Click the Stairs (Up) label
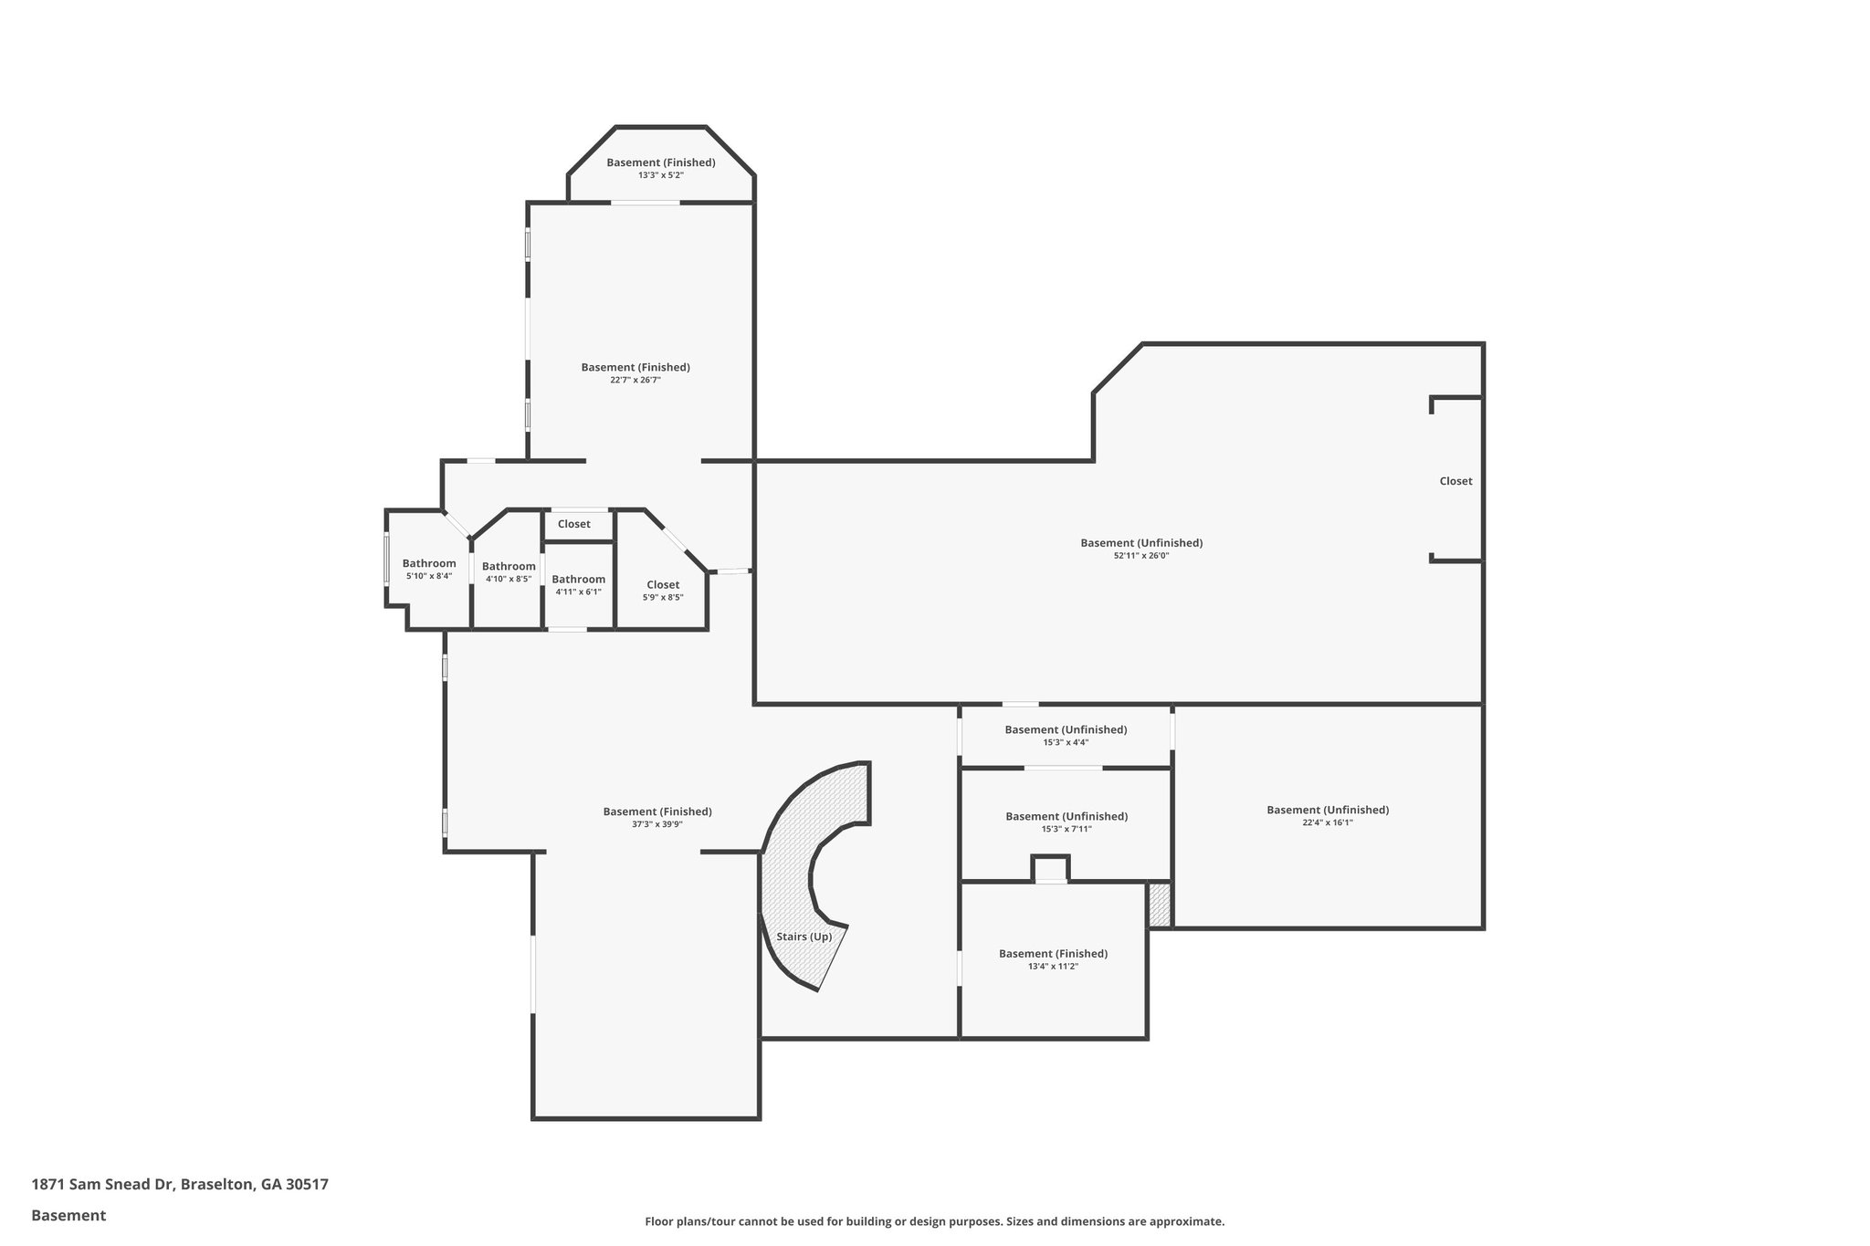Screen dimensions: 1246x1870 804,937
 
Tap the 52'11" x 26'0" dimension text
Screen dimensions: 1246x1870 1141,555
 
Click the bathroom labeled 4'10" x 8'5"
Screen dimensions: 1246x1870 509,572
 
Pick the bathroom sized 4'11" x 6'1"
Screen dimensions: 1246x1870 578,585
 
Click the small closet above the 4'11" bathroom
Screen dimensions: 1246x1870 574,524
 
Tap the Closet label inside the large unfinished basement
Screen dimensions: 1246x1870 1455,481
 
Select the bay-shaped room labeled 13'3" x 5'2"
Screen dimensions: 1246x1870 661,168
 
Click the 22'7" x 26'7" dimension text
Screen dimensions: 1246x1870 636,380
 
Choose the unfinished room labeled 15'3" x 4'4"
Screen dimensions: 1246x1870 1066,736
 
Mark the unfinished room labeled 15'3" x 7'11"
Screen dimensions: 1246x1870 1066,822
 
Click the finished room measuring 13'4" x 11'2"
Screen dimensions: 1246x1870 1053,959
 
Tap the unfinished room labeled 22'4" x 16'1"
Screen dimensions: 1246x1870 1328,815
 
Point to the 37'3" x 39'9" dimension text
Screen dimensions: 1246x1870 657,824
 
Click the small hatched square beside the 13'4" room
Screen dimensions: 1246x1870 1159,905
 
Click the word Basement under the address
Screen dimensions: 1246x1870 68,1215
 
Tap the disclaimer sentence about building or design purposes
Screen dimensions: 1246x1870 934,1221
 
